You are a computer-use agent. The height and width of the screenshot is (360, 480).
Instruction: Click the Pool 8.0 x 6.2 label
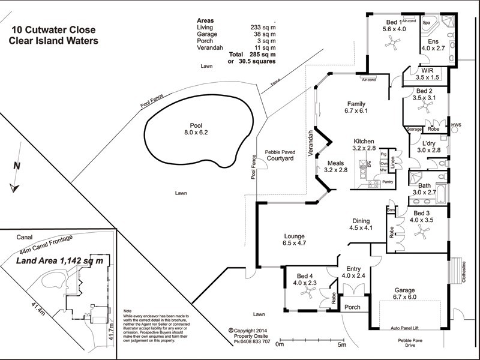point(199,128)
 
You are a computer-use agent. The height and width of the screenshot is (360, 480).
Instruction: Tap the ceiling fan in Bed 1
point(393,41)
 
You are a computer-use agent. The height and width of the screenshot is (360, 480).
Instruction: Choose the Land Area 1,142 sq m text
point(59,261)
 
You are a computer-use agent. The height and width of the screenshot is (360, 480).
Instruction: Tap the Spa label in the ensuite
point(427,23)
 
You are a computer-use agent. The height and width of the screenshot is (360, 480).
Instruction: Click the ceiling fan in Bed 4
point(309,292)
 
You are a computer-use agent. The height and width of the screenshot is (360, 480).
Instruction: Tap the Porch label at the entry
point(352,307)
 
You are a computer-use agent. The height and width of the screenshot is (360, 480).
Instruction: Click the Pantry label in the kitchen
point(388,182)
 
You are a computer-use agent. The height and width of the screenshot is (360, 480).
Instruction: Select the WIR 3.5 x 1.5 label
point(427,74)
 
